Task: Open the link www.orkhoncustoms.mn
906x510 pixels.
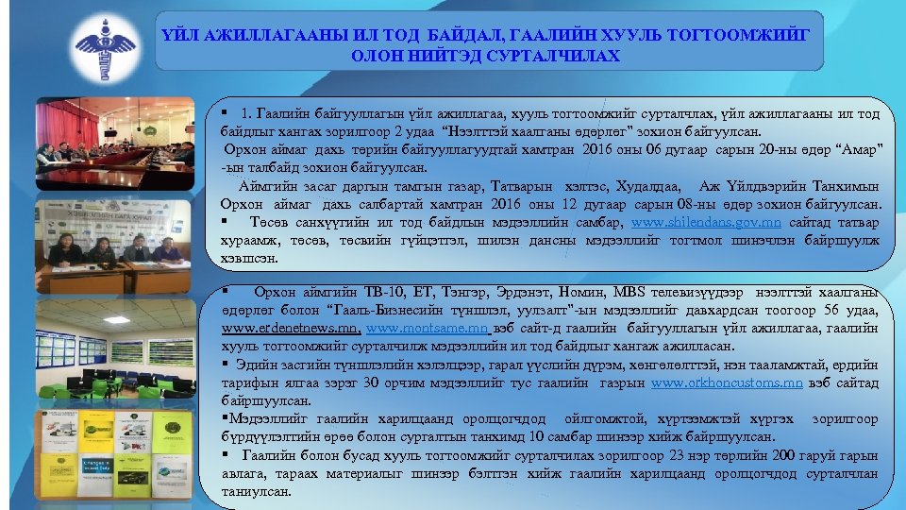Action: click(728, 383)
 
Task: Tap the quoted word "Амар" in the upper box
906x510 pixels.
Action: click(856, 151)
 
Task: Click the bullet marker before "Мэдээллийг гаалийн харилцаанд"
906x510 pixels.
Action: click(226, 419)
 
